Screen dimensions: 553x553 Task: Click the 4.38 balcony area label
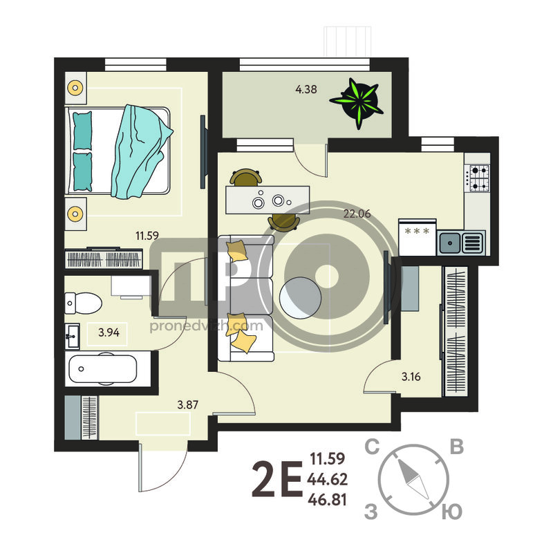click(x=306, y=89)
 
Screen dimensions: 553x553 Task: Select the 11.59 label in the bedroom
click(x=147, y=235)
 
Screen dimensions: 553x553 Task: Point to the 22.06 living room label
click(x=357, y=214)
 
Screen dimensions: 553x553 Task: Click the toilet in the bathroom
click(x=83, y=303)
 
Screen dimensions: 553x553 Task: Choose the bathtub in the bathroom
click(x=103, y=369)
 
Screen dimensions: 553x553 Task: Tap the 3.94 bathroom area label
click(x=109, y=332)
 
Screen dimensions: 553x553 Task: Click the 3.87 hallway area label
click(x=187, y=404)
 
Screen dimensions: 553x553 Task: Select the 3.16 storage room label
click(x=411, y=377)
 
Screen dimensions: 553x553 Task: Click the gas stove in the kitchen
click(x=478, y=178)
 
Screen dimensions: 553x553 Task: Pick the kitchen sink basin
click(x=450, y=243)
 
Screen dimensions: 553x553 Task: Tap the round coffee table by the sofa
click(x=300, y=298)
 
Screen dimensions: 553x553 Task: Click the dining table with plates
click(x=268, y=200)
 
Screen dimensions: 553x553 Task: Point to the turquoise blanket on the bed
click(x=141, y=151)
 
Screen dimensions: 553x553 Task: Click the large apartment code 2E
click(x=278, y=479)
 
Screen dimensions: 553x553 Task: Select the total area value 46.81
click(x=327, y=500)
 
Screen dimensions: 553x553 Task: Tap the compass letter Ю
click(x=452, y=512)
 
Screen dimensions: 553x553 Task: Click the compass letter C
click(x=372, y=447)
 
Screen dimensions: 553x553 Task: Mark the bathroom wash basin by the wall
click(x=73, y=336)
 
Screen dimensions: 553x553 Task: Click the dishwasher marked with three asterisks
click(x=418, y=236)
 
